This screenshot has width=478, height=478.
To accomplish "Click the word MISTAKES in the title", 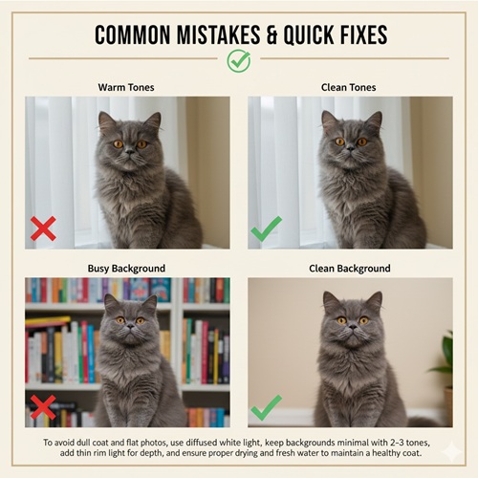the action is (218, 34).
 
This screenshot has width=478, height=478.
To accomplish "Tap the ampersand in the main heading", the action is (272, 34).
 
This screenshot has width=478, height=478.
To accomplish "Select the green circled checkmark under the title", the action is (239, 61).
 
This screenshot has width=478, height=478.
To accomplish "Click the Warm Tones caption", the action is (126, 87).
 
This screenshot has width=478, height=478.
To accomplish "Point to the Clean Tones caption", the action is (349, 87).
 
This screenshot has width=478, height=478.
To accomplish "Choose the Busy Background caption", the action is (126, 269).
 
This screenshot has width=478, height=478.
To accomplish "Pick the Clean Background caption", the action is (350, 269).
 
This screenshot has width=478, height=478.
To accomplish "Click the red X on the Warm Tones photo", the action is (43, 228).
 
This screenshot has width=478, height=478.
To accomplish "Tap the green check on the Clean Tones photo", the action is (267, 228).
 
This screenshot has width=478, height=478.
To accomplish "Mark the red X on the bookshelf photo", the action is (43, 407).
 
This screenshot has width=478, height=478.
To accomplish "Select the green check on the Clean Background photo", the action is (267, 407).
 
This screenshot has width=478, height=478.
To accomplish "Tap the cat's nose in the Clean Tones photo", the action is (351, 147).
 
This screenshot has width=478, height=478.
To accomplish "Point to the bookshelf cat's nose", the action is (130, 326).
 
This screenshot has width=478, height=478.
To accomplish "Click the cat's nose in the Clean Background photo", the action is (353, 327).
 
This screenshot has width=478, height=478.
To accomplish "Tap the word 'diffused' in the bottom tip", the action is (202, 443).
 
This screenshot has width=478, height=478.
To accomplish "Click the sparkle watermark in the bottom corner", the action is (452, 451).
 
